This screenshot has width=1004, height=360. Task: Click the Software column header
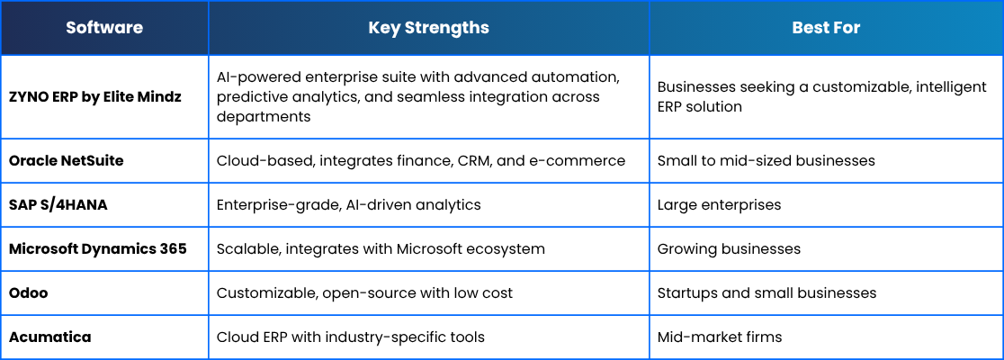pos(104,28)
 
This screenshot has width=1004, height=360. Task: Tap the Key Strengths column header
pos(428,28)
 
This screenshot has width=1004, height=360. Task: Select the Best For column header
pos(826,28)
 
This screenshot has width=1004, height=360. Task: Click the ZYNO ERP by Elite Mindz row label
pos(95,97)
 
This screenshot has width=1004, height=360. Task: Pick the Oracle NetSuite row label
pos(66,161)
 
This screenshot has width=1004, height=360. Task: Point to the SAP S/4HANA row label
pos(58,205)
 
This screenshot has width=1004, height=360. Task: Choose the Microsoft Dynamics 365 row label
pos(98,248)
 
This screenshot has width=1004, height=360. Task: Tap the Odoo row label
pos(28,292)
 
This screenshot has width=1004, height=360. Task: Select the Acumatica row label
pos(50,337)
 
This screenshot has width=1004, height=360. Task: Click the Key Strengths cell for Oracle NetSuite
pos(421,161)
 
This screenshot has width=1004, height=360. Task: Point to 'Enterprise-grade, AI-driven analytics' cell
pos(348,205)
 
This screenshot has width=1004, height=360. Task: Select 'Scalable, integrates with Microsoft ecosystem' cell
pos(381,248)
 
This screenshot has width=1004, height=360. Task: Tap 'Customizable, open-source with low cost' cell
pos(364,293)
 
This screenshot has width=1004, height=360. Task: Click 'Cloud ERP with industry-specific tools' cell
pos(350,337)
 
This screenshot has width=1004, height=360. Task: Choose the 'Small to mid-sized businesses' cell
pos(766,161)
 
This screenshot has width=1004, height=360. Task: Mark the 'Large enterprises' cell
pos(719,205)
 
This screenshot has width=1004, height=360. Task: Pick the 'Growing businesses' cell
pos(729,248)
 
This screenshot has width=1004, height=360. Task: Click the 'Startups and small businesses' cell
pos(766,292)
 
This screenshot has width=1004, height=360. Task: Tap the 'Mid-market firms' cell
pos(720,337)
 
